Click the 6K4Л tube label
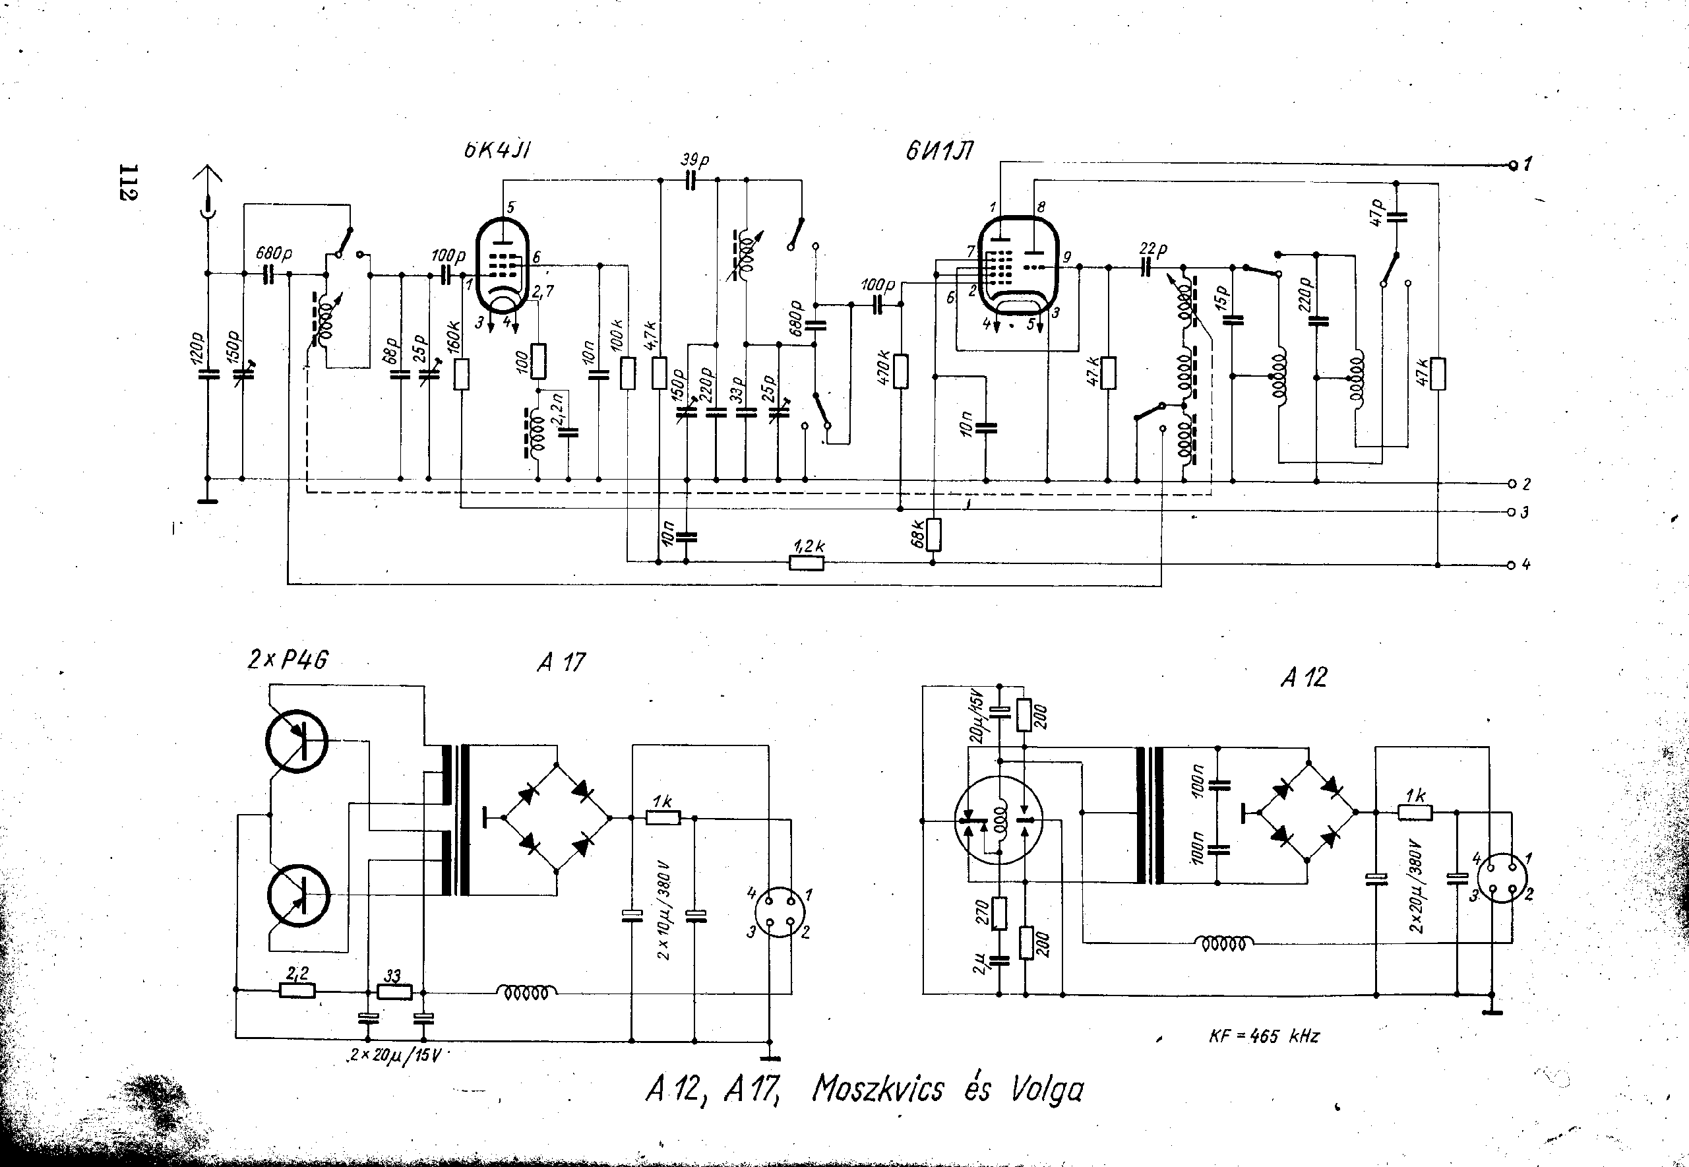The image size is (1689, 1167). click(497, 150)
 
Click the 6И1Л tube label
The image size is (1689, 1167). click(939, 152)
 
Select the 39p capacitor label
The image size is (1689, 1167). click(695, 160)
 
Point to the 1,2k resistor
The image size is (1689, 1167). click(807, 562)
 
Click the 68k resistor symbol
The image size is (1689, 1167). click(933, 534)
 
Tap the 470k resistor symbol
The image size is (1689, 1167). click(900, 371)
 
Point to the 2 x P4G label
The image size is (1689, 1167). click(288, 660)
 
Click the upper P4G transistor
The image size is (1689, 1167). click(297, 741)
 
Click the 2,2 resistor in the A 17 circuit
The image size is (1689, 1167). click(297, 991)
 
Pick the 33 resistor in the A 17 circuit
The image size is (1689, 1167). click(394, 992)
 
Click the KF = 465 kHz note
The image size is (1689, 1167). click(1264, 1036)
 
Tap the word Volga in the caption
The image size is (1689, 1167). click(1047, 1090)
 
